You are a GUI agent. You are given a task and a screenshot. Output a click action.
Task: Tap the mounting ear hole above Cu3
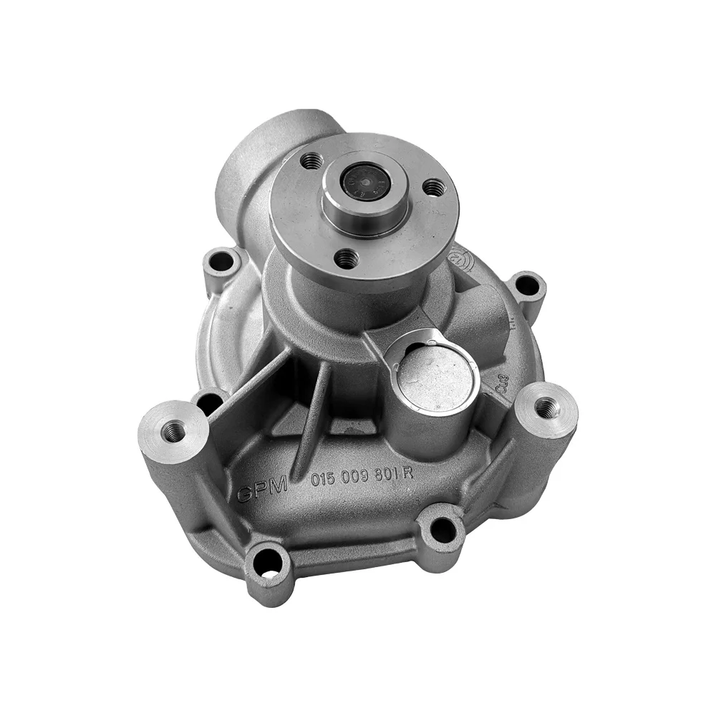(528, 285)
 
